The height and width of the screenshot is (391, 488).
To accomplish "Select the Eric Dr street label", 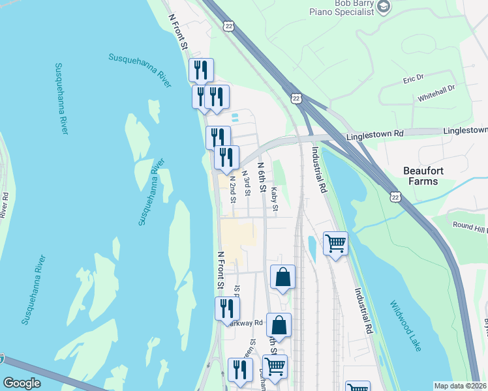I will (x=413, y=78).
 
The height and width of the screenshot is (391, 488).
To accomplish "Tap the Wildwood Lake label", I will (x=406, y=323).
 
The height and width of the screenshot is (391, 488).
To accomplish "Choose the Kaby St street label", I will (x=275, y=199).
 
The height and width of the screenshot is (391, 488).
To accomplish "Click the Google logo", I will (x=22, y=383).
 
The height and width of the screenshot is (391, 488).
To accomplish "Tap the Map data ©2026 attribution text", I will (x=461, y=386).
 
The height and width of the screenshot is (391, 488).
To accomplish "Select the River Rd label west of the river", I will (x=5, y=204).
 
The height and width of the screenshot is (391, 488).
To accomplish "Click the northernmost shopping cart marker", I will (x=335, y=244).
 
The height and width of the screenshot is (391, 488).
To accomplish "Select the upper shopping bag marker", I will (x=282, y=277).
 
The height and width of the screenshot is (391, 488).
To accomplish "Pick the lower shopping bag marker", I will (x=279, y=326).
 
